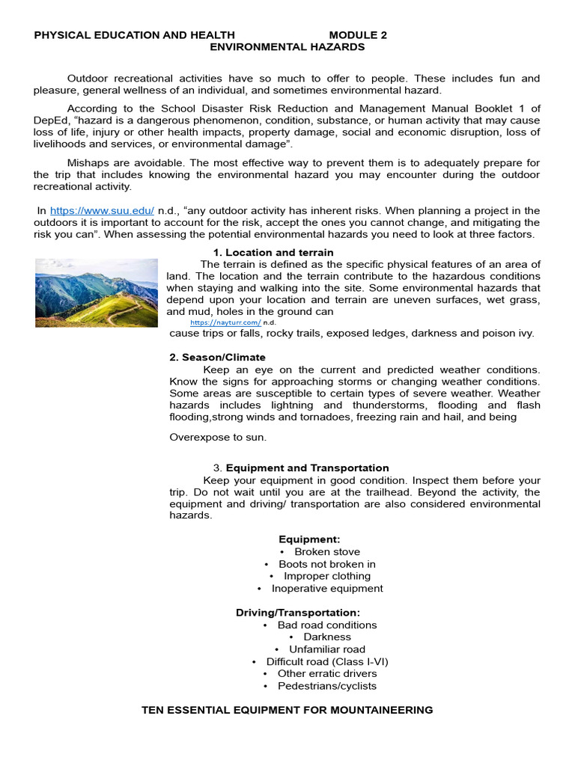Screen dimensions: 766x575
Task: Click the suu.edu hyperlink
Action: pyautogui.click(x=102, y=211)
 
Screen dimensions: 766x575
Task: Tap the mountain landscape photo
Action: pyautogui.click(x=97, y=292)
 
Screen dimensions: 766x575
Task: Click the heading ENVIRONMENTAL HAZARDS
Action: pyautogui.click(x=287, y=46)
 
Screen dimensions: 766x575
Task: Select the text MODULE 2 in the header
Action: pyautogui.click(x=358, y=34)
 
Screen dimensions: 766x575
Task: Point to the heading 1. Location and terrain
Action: pyautogui.click(x=273, y=252)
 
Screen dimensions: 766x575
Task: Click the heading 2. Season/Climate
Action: pyautogui.click(x=217, y=357)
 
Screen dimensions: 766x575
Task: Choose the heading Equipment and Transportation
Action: pyautogui.click(x=307, y=468)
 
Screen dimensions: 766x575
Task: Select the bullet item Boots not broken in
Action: pyautogui.click(x=326, y=564)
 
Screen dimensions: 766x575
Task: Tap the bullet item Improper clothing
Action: pyautogui.click(x=326, y=576)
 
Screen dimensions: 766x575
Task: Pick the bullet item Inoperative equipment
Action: pyautogui.click(x=326, y=588)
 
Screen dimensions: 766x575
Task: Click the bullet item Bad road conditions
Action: pyautogui.click(x=326, y=625)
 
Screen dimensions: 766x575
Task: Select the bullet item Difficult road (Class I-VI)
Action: pyautogui.click(x=327, y=661)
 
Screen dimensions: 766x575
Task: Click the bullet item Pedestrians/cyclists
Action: pyautogui.click(x=326, y=686)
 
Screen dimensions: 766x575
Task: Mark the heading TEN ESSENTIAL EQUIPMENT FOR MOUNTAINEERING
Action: pyautogui.click(x=287, y=710)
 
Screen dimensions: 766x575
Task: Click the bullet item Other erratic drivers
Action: pyautogui.click(x=326, y=673)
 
